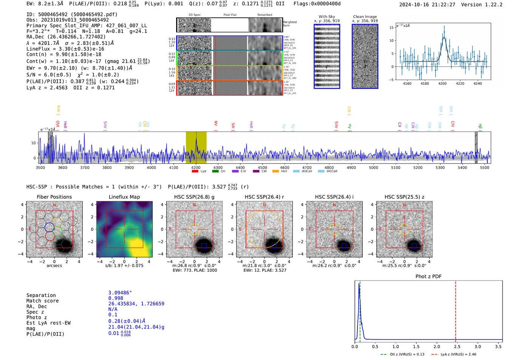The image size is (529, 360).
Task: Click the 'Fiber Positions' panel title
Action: click(x=54, y=197)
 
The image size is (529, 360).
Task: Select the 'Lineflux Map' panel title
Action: click(x=124, y=197)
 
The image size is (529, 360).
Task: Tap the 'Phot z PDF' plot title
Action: click(x=428, y=277)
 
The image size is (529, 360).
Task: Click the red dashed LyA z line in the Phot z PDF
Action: click(x=455, y=310)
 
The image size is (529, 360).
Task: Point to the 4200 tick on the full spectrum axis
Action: click(x=196, y=168)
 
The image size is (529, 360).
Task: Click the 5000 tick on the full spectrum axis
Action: click(x=373, y=168)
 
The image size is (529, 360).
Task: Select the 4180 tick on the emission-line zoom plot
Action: click(x=425, y=83)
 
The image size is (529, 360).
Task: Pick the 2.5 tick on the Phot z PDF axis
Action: click(x=457, y=346)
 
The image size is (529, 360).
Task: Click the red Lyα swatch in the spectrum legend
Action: click(x=195, y=172)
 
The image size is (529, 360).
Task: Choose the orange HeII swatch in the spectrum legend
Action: click(x=275, y=172)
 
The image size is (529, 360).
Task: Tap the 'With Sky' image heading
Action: click(x=326, y=17)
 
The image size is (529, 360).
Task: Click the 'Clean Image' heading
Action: click(x=365, y=17)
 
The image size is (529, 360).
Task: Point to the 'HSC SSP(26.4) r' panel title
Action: click(x=264, y=197)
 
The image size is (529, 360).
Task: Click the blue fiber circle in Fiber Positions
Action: click(x=49, y=227)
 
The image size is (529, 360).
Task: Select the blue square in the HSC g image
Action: click(x=204, y=246)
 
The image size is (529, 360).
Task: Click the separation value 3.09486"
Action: click(x=120, y=293)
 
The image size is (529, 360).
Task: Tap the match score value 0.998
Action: click(x=116, y=298)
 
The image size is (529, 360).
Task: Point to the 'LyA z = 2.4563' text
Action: click(x=47, y=88)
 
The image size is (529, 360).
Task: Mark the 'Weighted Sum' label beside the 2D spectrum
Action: click(x=289, y=24)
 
